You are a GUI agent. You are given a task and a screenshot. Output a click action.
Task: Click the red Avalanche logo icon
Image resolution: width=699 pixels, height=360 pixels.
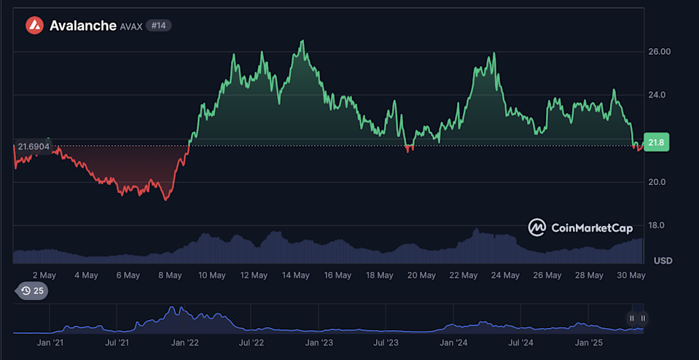(35, 26)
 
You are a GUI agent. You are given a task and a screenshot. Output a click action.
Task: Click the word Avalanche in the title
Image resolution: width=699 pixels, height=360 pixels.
(82, 26)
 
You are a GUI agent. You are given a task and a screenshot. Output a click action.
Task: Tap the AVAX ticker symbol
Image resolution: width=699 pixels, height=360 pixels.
(131, 26)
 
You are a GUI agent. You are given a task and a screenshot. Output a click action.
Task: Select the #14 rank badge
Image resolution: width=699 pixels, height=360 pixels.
(159, 26)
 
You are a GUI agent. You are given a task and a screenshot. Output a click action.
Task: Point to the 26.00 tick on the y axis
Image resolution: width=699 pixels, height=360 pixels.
(659, 52)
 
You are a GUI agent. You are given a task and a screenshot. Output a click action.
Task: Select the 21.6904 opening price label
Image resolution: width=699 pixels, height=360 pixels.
(34, 146)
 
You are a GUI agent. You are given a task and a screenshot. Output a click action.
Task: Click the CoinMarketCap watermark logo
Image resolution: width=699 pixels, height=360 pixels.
(580, 228)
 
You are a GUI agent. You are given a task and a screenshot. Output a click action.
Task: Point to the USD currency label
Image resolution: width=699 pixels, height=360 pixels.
(663, 261)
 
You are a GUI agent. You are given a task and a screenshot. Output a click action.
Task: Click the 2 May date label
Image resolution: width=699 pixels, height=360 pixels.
(44, 275)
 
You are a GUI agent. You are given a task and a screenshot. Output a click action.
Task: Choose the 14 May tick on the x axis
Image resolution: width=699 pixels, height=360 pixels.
(296, 275)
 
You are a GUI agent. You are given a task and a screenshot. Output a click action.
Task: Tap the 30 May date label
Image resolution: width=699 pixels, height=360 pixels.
(631, 275)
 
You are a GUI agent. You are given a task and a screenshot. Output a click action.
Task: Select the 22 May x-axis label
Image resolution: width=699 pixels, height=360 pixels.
(464, 275)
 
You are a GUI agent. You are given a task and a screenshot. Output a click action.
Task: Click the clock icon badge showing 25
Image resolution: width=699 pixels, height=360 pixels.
(33, 291)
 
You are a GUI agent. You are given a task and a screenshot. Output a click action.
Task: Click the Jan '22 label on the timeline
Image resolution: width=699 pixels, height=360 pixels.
(185, 341)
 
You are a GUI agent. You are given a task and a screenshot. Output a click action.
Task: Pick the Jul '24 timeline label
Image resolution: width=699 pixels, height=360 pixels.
(520, 341)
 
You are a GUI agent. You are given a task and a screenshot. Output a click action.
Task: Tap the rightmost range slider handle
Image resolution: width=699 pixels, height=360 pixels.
(643, 318)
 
